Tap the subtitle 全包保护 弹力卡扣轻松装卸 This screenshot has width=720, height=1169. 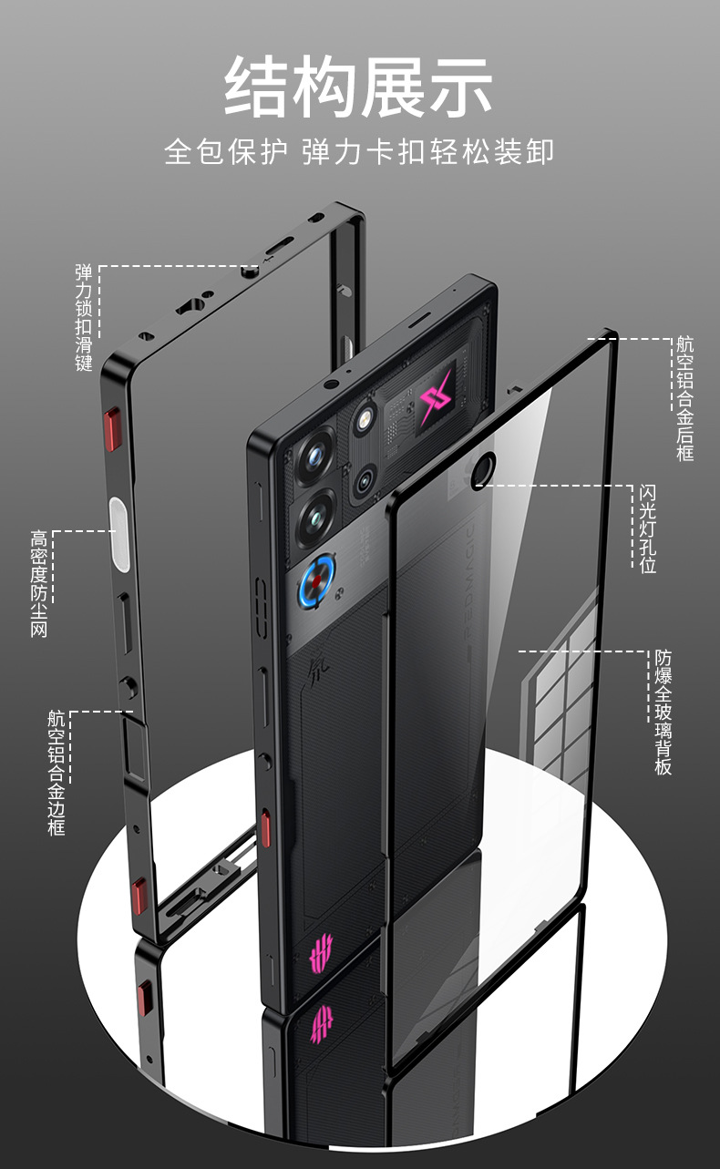click(x=359, y=151)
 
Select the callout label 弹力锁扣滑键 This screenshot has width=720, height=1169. click(x=85, y=317)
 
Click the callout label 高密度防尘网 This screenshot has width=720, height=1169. click(x=38, y=583)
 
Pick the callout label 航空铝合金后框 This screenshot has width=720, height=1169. click(x=684, y=398)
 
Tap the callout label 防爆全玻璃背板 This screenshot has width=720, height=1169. click(x=663, y=712)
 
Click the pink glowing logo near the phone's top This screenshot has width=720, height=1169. click(x=437, y=398)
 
